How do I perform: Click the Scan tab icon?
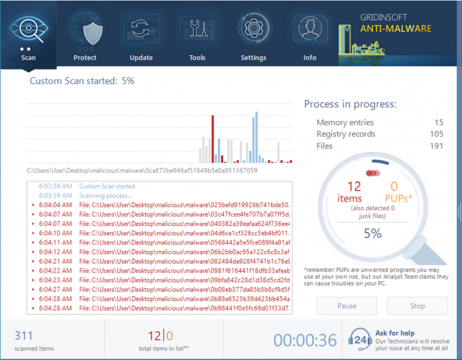click(x=28, y=30)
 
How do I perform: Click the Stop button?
click(x=417, y=306)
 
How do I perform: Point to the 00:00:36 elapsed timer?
click(x=305, y=340)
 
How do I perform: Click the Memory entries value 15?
click(x=439, y=123)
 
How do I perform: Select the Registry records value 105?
click(x=437, y=134)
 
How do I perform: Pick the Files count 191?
click(x=437, y=146)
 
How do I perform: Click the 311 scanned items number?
click(x=23, y=336)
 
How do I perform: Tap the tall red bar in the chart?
click(x=212, y=139)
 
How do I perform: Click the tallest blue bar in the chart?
click(x=256, y=137)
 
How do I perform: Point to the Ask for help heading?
click(x=394, y=333)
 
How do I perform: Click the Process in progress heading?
click(x=350, y=104)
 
